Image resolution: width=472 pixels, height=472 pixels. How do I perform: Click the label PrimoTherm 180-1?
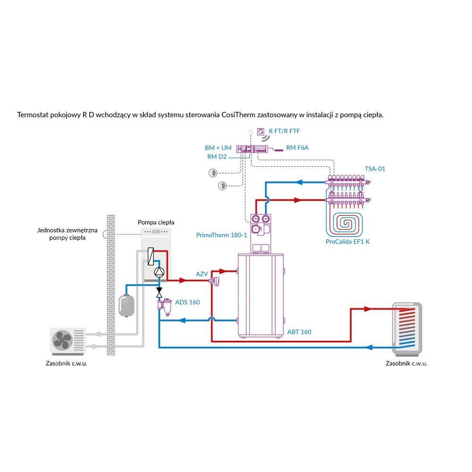pos(221,235)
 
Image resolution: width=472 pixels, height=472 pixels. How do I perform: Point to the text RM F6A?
pos(297,148)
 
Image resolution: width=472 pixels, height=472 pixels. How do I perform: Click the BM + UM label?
pos(218,148)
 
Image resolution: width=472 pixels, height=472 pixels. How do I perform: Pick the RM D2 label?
pos(217,157)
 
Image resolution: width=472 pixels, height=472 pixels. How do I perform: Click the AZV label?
pos(202,274)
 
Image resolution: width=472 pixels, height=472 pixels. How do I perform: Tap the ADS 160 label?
pos(187,302)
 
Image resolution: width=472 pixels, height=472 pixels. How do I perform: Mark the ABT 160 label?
pos(299,332)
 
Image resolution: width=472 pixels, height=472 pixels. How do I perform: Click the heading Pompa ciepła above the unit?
pos(156,222)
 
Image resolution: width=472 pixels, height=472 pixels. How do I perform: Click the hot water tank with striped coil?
pos(407,329)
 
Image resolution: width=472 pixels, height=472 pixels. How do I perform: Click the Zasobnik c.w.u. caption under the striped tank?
pos(406,363)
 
